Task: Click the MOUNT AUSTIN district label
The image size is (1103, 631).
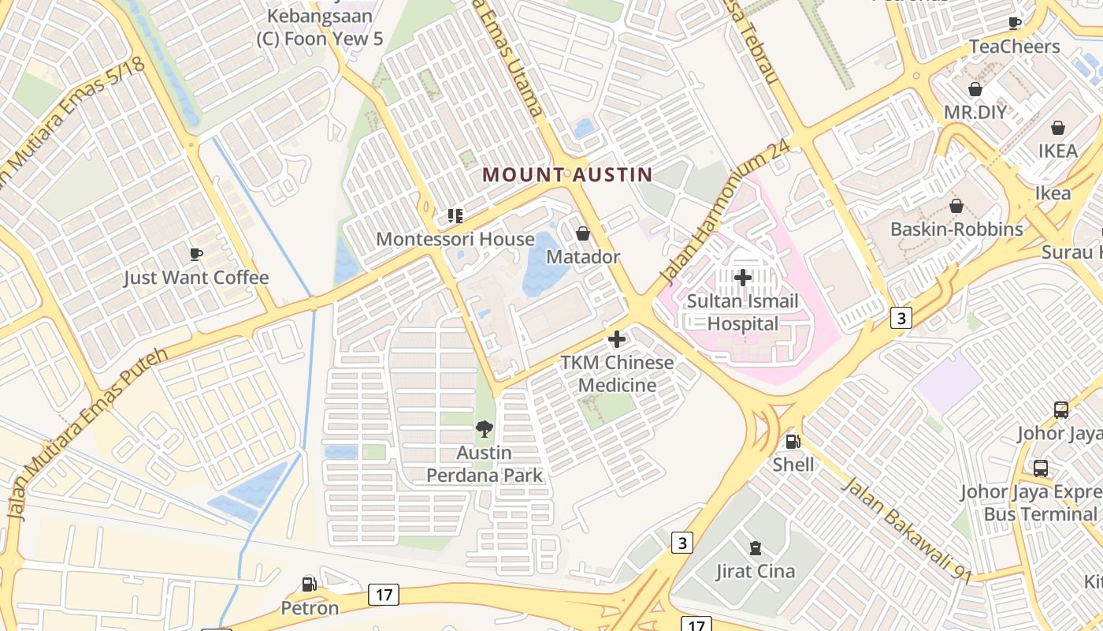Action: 567,174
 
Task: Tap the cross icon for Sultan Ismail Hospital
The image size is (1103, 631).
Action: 742,277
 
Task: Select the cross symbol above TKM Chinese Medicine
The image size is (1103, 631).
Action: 617,339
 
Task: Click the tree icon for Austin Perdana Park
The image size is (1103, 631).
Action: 485,429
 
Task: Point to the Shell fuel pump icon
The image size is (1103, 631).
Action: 793,442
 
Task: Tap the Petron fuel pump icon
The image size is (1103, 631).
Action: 310,584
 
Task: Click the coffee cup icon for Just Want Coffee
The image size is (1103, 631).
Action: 195,254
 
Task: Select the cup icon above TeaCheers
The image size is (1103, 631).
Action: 1015,23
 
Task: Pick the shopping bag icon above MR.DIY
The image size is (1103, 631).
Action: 975,89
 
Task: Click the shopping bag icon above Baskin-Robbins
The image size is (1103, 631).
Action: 956,206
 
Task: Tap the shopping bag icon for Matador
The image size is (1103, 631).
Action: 583,233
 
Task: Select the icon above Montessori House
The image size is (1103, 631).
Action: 455,215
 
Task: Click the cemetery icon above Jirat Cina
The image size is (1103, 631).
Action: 756,547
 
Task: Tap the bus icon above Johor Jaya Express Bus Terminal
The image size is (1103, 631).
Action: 1040,469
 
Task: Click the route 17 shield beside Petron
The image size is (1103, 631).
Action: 383,595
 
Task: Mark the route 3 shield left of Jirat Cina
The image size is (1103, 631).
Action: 682,543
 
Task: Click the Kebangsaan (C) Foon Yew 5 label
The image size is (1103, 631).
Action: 319,27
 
